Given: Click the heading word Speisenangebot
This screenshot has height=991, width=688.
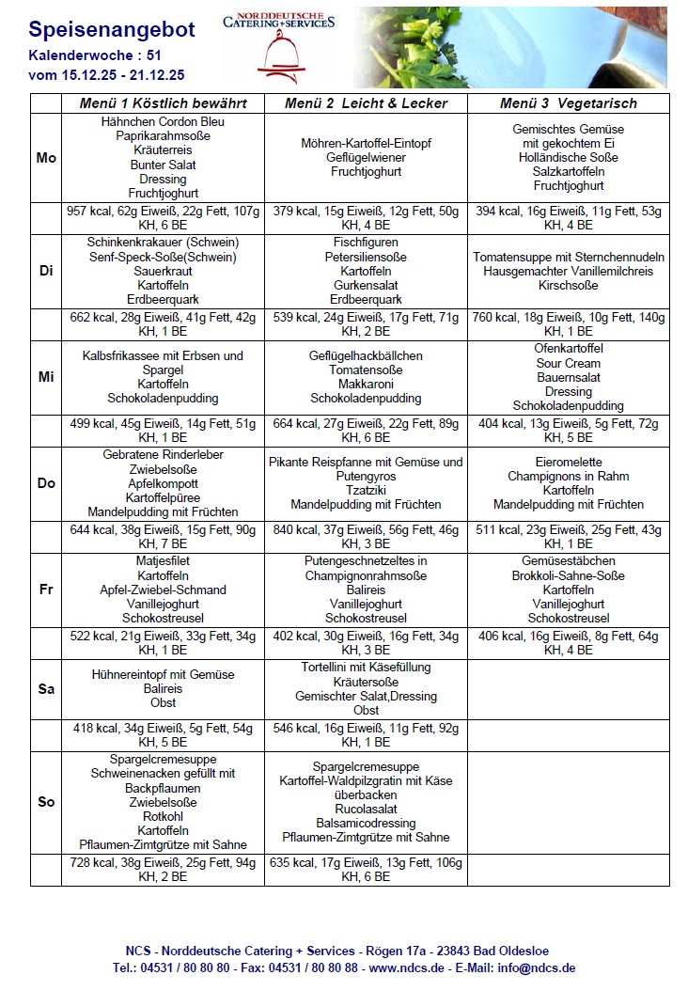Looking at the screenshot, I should coord(112,30).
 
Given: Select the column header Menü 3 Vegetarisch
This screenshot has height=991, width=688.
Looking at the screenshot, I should coord(568,103).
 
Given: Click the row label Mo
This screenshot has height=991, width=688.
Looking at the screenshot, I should coord(46,158).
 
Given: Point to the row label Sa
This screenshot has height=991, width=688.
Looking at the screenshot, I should coord(46,689).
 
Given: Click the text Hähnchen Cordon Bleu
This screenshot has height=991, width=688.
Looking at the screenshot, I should coord(163,122).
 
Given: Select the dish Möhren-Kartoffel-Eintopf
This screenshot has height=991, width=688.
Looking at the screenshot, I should coord(366,144).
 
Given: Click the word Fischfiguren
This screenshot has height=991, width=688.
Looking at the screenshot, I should coord(366,243).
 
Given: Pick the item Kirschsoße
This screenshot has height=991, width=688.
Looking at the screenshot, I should coord(568,286).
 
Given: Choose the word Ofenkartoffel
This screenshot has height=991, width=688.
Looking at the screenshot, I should coord(568,349).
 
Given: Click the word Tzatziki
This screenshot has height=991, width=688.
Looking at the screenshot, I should coord(366,491).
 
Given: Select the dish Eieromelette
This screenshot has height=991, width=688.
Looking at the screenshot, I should coord(568,462).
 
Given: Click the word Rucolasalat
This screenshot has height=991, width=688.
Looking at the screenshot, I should coord(366,809).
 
